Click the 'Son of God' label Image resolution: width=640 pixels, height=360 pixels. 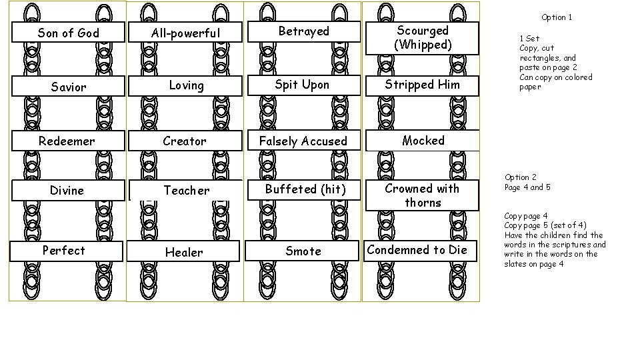click(68, 33)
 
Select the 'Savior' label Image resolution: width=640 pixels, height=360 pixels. click(68, 87)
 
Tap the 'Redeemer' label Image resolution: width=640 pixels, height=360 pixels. click(67, 141)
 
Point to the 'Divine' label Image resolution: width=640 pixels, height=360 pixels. click(67, 191)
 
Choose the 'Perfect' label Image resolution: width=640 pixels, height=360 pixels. click(64, 251)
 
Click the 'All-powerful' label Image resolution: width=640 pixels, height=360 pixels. click(186, 33)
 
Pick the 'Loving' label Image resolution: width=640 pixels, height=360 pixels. click(186, 85)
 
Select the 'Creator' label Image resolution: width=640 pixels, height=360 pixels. click(185, 141)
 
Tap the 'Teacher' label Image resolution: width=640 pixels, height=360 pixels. click(187, 191)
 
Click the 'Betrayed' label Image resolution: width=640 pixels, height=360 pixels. click(303, 31)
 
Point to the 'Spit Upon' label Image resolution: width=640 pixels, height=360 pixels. click(303, 85)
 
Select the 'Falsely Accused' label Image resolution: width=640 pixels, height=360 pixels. click(303, 141)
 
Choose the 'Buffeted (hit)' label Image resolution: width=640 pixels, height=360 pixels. click(305, 189)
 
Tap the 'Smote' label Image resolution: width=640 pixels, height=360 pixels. click(303, 251)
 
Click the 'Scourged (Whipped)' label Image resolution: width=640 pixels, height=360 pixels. click(423, 37)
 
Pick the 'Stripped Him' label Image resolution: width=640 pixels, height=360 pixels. click(422, 85)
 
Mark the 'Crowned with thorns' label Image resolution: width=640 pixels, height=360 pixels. click(423, 195)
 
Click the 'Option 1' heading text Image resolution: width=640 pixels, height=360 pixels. click(557, 17)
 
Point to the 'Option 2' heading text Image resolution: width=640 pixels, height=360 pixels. click(521, 177)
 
